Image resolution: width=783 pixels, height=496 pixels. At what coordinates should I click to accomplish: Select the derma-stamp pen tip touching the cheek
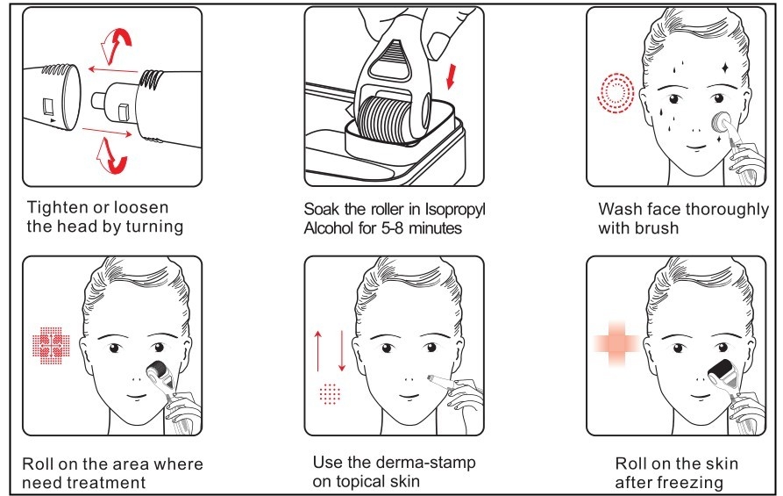coord(431,378)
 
